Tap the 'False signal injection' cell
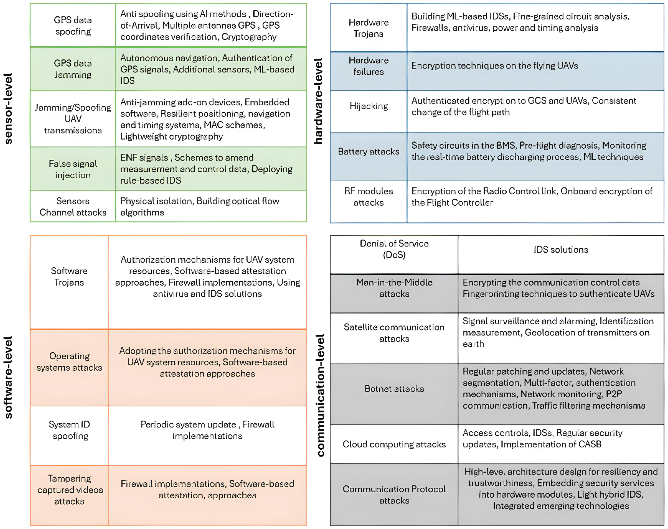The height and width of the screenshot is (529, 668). [73, 169]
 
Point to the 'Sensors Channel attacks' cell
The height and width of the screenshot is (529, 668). [73, 207]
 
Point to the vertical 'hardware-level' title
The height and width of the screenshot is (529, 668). [318, 101]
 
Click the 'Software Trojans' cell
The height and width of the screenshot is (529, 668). [69, 277]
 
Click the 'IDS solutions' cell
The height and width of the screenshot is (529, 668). [561, 250]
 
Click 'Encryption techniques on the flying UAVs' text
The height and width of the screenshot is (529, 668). [494, 66]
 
